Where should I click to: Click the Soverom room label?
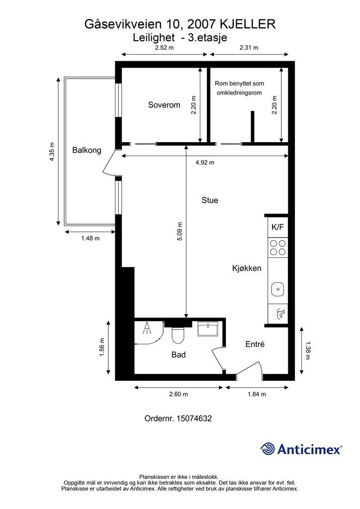click(x=164, y=105)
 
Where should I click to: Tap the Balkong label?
click(x=87, y=150)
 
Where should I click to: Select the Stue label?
click(x=210, y=200)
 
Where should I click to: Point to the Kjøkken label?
click(x=247, y=268)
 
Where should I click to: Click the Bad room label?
click(x=179, y=355)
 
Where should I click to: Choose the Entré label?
click(x=255, y=344)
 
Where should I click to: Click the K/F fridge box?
click(x=277, y=227)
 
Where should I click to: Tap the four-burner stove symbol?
click(x=277, y=247)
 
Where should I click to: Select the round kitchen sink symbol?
click(x=277, y=288)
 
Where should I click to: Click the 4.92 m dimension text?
click(x=204, y=163)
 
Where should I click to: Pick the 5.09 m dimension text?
click(x=180, y=232)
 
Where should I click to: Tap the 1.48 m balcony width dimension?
click(x=90, y=238)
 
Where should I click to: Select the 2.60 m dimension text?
click(x=179, y=394)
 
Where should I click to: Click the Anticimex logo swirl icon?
click(x=268, y=449)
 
